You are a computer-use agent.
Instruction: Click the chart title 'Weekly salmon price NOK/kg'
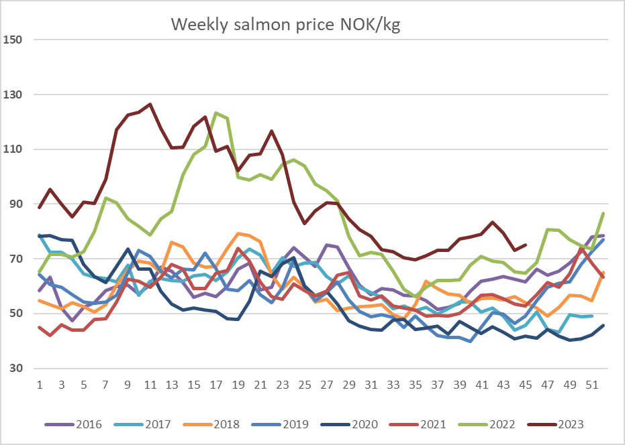click(x=285, y=25)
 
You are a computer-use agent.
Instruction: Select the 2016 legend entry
click(x=73, y=424)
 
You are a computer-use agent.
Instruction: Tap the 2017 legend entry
click(x=142, y=424)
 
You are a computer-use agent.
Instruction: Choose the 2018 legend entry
click(x=211, y=424)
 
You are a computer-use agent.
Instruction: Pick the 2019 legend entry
click(x=280, y=424)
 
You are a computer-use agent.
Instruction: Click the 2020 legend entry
click(x=349, y=424)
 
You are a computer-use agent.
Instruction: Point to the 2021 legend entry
click(x=418, y=424)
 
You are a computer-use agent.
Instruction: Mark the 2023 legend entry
click(x=555, y=424)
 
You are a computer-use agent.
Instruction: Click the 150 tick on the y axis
click(x=12, y=40)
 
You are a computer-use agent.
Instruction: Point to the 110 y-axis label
click(x=12, y=149)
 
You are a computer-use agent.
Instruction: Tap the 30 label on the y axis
click(x=15, y=368)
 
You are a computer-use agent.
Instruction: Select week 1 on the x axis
click(x=40, y=385)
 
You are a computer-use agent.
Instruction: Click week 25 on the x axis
click(x=305, y=385)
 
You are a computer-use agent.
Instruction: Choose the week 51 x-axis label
click(x=592, y=385)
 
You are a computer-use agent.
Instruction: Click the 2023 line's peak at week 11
click(x=150, y=105)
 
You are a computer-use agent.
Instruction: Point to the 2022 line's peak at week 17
click(x=216, y=113)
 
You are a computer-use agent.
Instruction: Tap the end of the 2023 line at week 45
click(x=526, y=245)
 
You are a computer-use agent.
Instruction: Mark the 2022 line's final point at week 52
click(x=604, y=214)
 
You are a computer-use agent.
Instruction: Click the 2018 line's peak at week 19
click(x=238, y=234)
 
